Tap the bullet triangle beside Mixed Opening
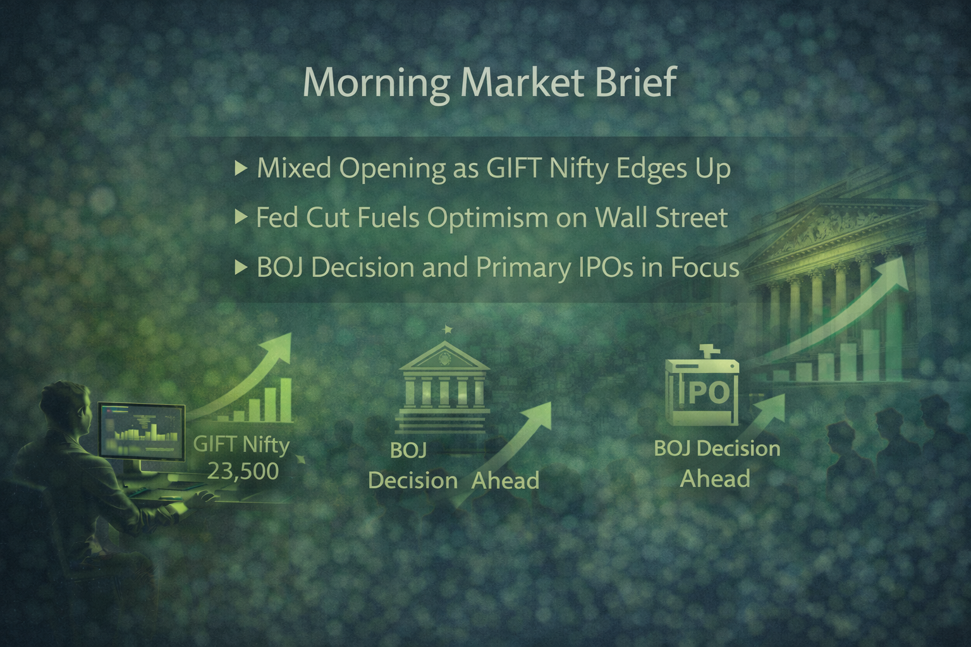click(240, 168)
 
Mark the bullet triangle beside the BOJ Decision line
click(240, 268)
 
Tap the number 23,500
click(242, 471)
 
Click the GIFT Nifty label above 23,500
click(241, 445)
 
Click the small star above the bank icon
click(448, 329)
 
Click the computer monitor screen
click(142, 430)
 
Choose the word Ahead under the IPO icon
click(715, 478)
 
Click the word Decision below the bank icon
click(412, 481)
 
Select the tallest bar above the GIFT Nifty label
click(285, 399)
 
